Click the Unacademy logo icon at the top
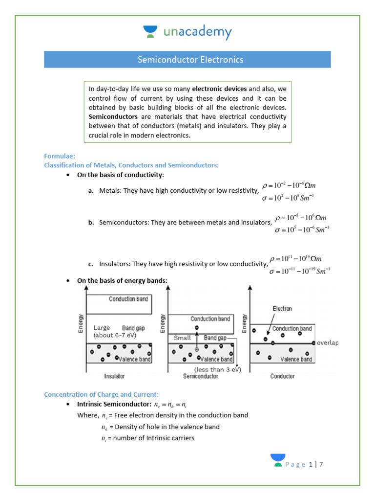point(150,32)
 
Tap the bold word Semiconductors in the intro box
point(109,117)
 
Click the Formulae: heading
point(60,156)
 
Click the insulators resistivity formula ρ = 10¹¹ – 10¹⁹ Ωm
point(295,259)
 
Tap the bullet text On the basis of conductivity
point(121,175)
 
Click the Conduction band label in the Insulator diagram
point(128,299)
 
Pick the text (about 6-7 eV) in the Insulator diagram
point(114,336)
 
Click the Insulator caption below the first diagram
point(114,376)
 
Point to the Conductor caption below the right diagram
point(282,376)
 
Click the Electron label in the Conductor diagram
point(282,309)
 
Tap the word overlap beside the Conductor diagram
point(327,343)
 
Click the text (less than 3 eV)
point(215,369)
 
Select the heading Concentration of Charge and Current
point(101,394)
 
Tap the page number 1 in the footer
point(311,464)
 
